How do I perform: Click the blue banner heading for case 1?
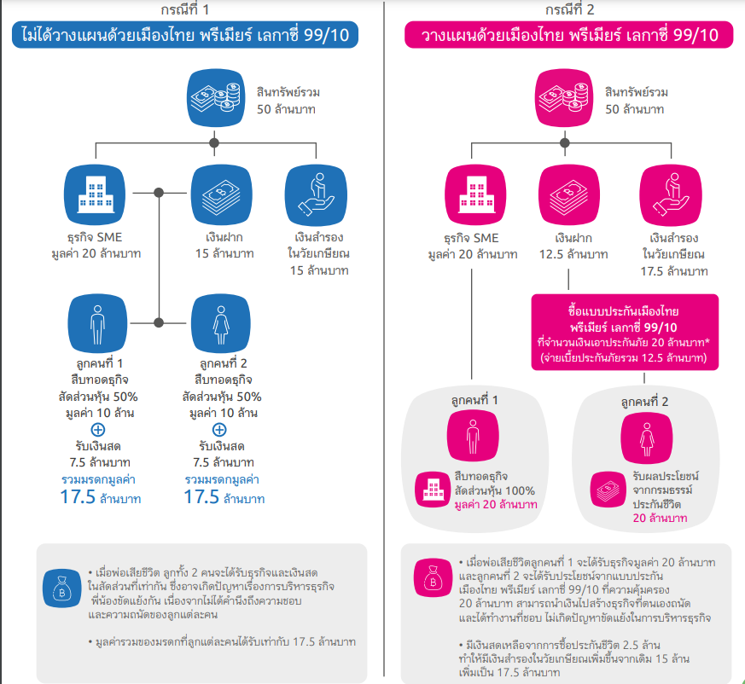click(184, 36)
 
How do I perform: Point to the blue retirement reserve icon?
click(316, 193)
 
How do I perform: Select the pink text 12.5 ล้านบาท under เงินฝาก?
click(573, 254)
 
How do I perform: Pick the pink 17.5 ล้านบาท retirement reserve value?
click(674, 271)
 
